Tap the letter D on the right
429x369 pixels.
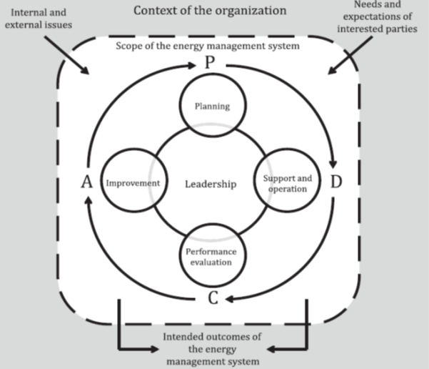[336, 182]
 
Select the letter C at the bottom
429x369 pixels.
[213, 299]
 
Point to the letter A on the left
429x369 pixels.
[87, 183]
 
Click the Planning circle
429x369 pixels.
[211, 106]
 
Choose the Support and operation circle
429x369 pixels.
[284, 184]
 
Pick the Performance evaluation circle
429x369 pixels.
[211, 256]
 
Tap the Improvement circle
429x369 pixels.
[132, 184]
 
